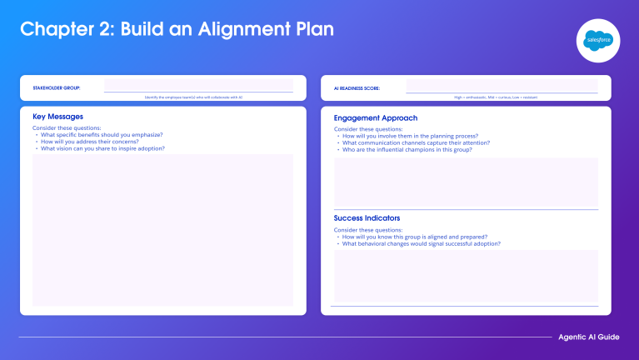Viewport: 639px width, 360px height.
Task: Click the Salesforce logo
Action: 594,40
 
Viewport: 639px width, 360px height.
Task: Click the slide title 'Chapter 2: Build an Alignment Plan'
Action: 177,29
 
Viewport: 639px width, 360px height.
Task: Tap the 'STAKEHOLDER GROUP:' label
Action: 57,87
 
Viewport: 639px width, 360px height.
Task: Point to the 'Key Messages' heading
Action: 57,117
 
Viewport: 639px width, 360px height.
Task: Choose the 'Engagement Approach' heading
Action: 375,118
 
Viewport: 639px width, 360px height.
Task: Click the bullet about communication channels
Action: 416,142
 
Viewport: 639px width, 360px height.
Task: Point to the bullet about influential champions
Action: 402,149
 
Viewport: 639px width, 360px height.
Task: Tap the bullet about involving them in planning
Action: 410,136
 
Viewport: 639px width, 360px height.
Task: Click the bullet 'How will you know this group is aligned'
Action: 414,237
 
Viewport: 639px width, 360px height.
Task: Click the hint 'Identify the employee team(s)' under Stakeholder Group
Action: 193,97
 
